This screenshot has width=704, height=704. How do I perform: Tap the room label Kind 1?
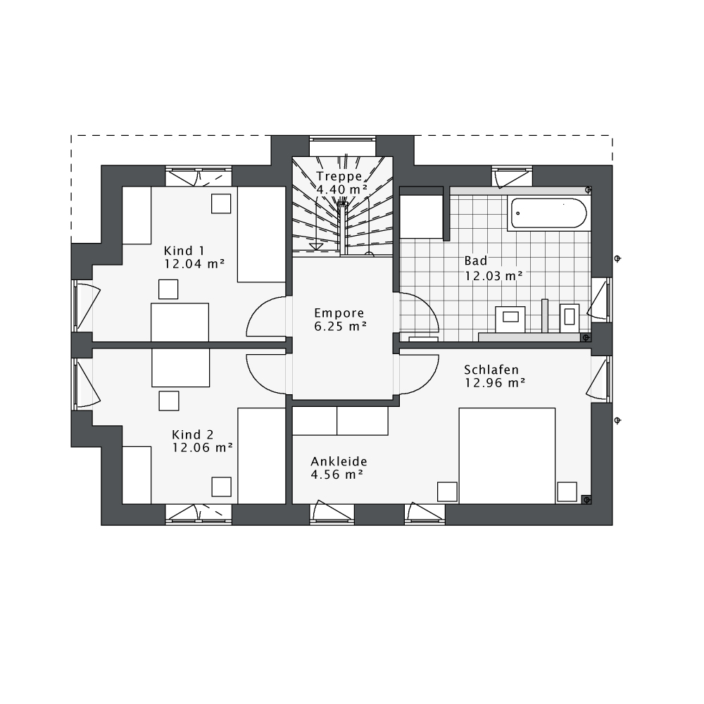184,251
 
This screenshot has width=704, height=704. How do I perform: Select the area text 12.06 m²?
203,448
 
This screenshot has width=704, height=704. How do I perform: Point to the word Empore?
339,313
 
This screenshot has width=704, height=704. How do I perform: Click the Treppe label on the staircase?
339,176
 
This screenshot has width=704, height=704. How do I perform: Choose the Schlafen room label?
491,370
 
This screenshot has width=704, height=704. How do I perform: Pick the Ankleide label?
339,462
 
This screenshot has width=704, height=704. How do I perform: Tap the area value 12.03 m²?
494,276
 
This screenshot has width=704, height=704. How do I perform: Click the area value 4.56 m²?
337,475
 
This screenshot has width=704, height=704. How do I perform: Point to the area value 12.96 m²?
495,383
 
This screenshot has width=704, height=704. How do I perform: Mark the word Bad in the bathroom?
475,261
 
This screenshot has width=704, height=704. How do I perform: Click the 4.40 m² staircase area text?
341,189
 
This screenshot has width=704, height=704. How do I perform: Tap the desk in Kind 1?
180,322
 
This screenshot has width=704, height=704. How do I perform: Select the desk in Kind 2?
180,367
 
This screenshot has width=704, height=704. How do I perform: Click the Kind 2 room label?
193,434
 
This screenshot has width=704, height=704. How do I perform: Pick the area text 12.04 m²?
194,264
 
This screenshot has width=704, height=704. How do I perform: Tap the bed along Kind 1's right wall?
261,234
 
